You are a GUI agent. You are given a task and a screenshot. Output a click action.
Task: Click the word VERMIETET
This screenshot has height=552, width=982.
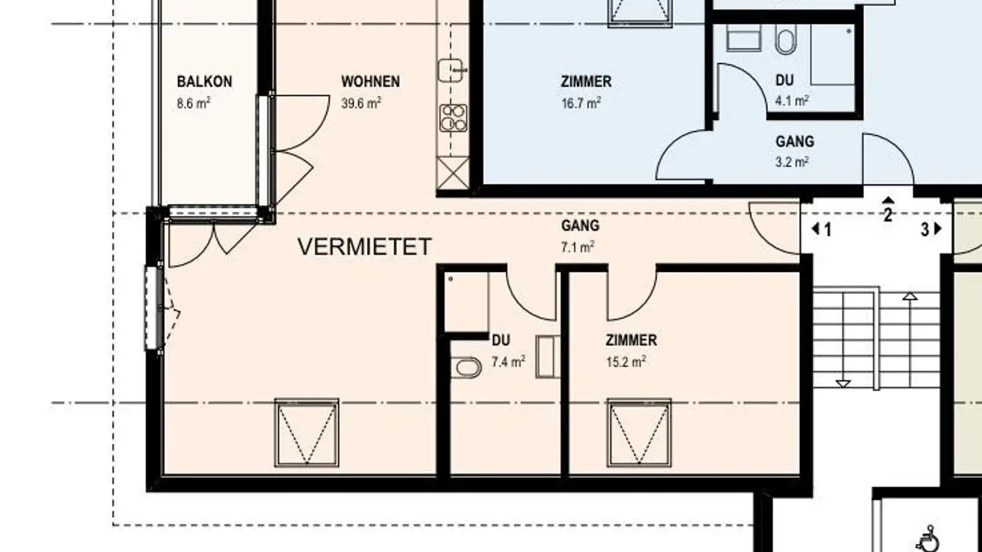pyautogui.click(x=365, y=247)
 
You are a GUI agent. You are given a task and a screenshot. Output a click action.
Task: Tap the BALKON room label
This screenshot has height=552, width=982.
pyautogui.click(x=204, y=82)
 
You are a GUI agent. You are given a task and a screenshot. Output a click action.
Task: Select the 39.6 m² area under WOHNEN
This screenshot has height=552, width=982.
pyautogui.click(x=361, y=103)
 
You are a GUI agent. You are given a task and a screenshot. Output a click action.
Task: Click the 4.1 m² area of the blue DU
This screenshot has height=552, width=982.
pyautogui.click(x=792, y=100)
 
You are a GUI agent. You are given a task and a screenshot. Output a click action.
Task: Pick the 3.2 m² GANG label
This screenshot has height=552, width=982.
pyautogui.click(x=794, y=142)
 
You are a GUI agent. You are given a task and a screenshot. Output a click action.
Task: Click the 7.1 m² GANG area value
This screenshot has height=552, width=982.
pyautogui.click(x=577, y=247)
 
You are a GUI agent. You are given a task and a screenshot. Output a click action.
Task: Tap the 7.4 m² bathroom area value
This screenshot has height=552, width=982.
pyautogui.click(x=508, y=361)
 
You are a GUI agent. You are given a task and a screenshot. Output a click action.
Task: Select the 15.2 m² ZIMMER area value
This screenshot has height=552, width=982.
pyautogui.click(x=625, y=361)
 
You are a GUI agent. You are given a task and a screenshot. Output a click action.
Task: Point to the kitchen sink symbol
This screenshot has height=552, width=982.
pyautogui.click(x=451, y=70)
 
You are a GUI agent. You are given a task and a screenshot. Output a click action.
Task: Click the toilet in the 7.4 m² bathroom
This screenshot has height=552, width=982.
pyautogui.click(x=467, y=368)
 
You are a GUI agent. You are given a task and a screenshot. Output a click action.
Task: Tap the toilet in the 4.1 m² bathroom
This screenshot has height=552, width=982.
pyautogui.click(x=784, y=40)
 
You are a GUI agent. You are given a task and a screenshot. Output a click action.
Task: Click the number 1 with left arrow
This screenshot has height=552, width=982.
pyautogui.click(x=821, y=230)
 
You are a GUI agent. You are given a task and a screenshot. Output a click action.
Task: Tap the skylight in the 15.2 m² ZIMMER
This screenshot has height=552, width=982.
pyautogui.click(x=639, y=433)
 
